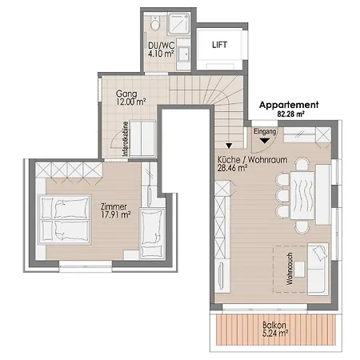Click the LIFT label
pos(219,45)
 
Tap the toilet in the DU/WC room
pos(155,22)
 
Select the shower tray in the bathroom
pos(179,24)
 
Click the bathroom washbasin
pos(184,54)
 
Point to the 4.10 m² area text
pos(161,54)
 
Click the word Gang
pos(126,94)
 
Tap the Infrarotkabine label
pos(126,139)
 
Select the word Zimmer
pos(114,206)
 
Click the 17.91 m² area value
pos(116,214)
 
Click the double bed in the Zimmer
pos(64,219)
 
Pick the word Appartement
pos(289,105)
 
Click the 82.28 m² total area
pos(291,114)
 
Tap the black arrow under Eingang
pos(265,140)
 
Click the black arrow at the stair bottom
pos(229,146)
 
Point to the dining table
pos(302,195)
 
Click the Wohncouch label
pos(290,269)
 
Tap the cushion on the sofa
pos(320,252)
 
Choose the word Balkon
pos(274,325)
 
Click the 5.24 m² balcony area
pos(275,334)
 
